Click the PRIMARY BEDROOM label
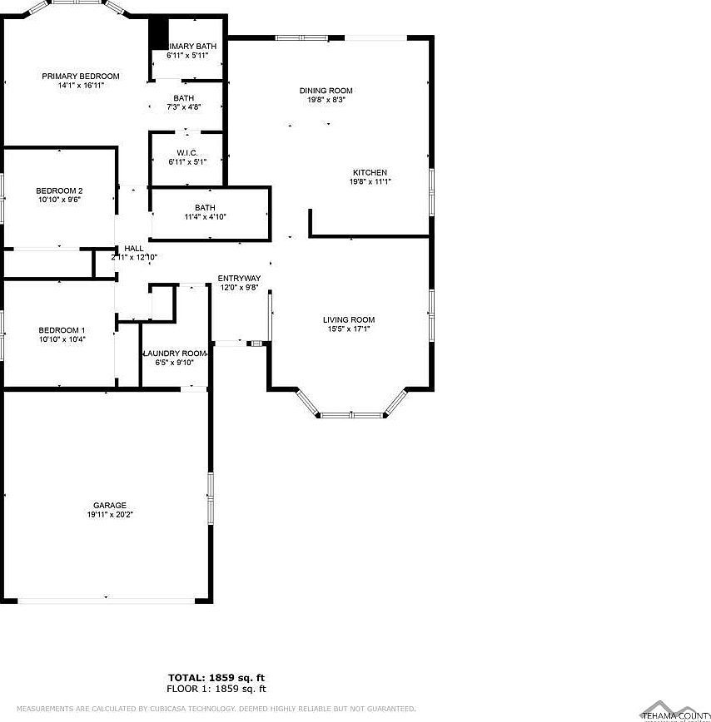[x=81, y=76]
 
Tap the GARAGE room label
[x=110, y=505]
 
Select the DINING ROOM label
[x=326, y=91]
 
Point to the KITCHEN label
[x=370, y=172]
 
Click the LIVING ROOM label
[x=349, y=319]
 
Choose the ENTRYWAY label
[x=240, y=278]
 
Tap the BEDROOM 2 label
[x=59, y=190]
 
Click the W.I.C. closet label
[x=186, y=152]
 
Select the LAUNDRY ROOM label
[x=175, y=354]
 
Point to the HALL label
[x=133, y=248]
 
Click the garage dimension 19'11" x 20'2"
[x=110, y=515]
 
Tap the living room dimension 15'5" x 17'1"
[x=349, y=329]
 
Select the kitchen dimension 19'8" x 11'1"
[x=370, y=181]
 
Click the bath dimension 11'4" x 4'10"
[x=206, y=217]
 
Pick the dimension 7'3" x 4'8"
[x=184, y=107]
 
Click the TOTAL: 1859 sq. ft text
[x=216, y=678]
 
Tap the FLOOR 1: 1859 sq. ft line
[x=216, y=689]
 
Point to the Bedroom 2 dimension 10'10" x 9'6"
[x=59, y=200]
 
